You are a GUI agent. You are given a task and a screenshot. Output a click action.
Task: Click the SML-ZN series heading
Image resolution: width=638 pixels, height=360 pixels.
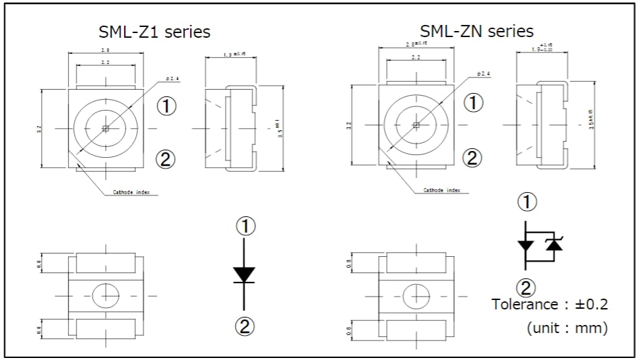pos(476,30)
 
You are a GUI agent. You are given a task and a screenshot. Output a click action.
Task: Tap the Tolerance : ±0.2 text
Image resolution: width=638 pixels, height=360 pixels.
pos(550,304)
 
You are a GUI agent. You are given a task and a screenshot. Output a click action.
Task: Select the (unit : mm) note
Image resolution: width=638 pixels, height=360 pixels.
pos(567,328)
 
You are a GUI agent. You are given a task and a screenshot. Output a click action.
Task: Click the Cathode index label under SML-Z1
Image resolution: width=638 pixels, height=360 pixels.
pos(131,193)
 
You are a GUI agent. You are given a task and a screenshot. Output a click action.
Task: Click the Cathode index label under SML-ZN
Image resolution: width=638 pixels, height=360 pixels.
pos(442,190)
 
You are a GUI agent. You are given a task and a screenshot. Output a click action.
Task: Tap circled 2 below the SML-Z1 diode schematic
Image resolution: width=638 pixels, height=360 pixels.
pos(244,326)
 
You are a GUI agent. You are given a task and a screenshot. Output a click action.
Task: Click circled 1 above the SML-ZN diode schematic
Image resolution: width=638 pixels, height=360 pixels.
pos(527,202)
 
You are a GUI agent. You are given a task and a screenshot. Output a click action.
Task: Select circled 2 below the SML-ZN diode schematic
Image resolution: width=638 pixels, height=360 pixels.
pos(526,288)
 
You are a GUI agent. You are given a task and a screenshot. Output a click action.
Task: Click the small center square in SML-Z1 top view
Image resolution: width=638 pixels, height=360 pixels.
pos(105,127)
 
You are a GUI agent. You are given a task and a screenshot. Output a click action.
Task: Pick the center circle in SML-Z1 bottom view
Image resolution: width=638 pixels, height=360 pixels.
pos(105,295)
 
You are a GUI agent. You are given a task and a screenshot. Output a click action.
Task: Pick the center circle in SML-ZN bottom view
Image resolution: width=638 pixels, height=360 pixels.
pos(416,295)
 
